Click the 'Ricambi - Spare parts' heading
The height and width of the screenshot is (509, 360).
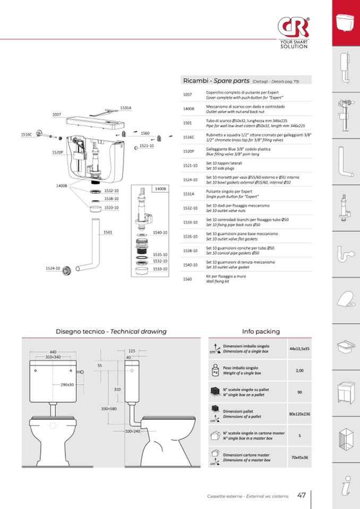[216, 81]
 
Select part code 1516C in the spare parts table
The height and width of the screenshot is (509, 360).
[189, 137]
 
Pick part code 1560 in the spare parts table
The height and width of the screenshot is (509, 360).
[187, 279]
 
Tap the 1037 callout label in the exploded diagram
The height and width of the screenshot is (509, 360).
[57, 115]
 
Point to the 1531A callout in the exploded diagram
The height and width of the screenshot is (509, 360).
[125, 108]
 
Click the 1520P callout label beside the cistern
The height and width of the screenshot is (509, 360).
[57, 152]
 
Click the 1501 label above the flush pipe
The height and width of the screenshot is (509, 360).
[108, 232]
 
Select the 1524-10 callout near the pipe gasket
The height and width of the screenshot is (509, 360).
[53, 269]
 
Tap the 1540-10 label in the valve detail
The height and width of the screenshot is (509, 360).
[160, 232]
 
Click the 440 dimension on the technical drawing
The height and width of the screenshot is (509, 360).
[53, 352]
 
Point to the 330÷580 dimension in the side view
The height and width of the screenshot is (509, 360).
[109, 408]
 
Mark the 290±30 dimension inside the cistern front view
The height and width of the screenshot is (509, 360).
[67, 385]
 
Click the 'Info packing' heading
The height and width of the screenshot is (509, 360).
[261, 332]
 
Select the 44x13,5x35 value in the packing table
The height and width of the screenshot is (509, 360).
[299, 349]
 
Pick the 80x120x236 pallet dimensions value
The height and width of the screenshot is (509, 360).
[299, 413]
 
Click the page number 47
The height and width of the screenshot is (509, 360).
[301, 495]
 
